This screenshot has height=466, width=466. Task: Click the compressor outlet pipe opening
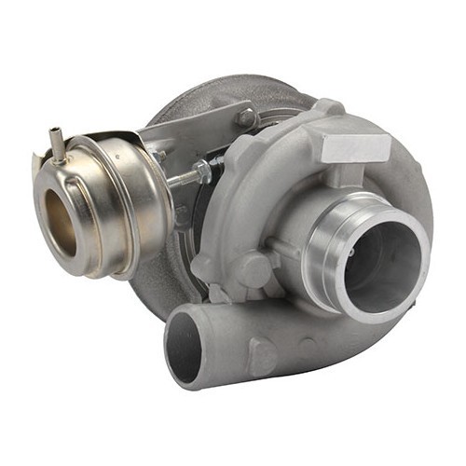click(185, 349)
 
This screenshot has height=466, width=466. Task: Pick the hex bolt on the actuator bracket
click(245, 117)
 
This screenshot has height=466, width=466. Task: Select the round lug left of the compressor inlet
click(252, 271)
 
